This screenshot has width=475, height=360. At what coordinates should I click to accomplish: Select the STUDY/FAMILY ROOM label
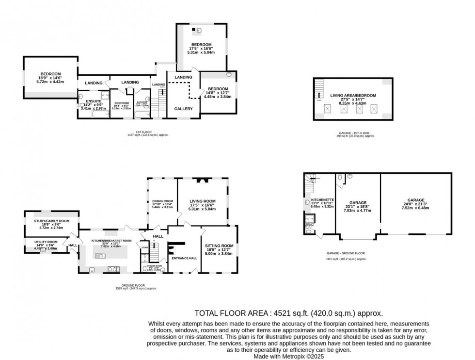(52, 221)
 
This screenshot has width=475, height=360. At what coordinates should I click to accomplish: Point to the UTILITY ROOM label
(46, 242)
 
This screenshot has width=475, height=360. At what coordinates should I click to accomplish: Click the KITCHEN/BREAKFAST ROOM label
(111, 240)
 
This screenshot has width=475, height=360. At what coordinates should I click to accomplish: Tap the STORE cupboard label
(144, 247)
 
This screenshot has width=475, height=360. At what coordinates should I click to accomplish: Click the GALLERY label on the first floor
(183, 109)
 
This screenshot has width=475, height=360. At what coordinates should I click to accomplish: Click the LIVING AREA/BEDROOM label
(353, 96)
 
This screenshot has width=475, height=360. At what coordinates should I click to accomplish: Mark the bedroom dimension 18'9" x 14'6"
(49, 78)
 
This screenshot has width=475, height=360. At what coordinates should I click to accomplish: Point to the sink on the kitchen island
(103, 256)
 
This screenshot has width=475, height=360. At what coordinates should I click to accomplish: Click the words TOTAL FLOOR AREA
(232, 313)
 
